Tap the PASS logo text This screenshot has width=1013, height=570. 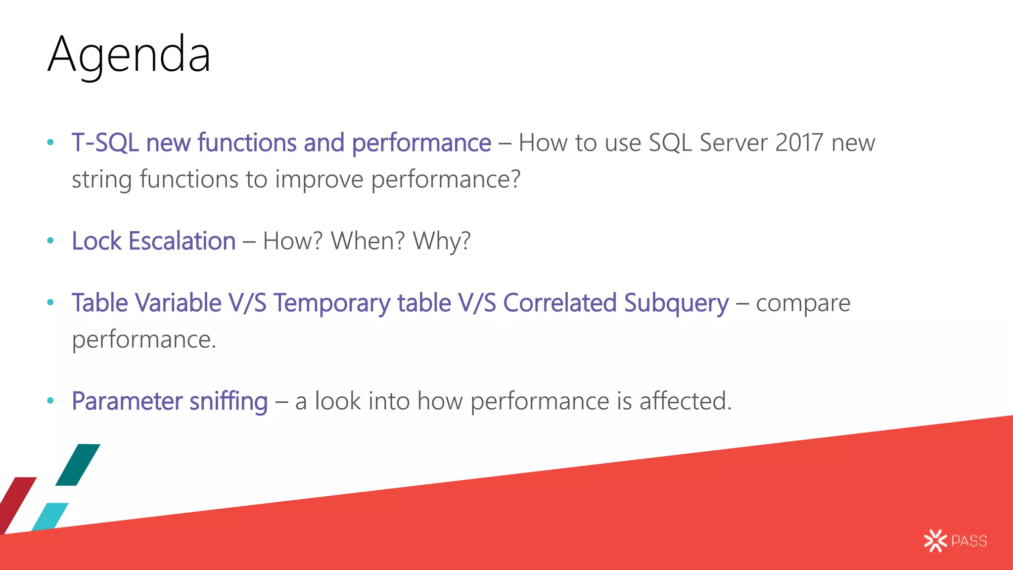click(969, 541)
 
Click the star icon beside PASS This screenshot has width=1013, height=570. click(935, 541)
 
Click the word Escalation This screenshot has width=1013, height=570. click(182, 241)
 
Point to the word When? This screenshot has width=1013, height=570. click(368, 241)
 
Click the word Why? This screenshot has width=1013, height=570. click(442, 241)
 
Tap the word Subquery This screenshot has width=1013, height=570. click(676, 303)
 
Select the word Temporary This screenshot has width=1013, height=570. click(332, 303)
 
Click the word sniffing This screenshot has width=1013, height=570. click(229, 401)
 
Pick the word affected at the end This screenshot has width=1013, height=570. click(684, 401)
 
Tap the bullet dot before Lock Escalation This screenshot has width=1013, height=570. click(50, 241)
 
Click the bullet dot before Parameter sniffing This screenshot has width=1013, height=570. click(50, 401)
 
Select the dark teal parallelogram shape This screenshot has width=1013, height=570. click(78, 465)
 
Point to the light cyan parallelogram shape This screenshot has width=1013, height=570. click(50, 516)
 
